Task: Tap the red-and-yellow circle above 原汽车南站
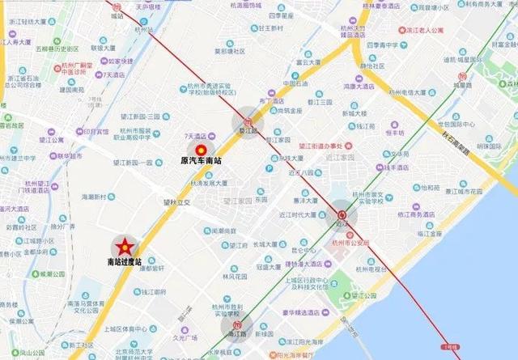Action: pos(201,148)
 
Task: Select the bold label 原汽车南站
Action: pos(201,161)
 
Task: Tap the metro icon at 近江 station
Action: pos(341,212)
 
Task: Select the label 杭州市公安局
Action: pos(349,242)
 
